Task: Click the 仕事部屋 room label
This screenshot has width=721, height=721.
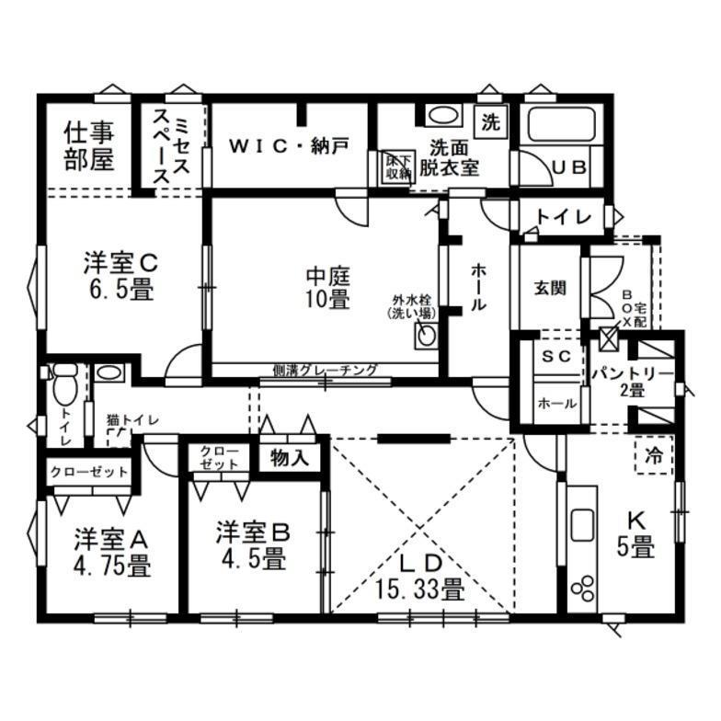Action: [89, 145]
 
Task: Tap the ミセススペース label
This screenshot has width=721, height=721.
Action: [172, 146]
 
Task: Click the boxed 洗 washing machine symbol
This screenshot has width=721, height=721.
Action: [491, 122]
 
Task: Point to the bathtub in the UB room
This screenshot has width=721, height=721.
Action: [561, 123]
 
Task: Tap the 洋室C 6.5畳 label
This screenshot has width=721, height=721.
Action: [120, 276]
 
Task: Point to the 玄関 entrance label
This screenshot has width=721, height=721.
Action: [550, 289]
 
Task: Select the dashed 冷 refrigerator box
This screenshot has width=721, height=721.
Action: [654, 454]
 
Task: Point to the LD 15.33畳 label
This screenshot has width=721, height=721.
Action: [419, 576]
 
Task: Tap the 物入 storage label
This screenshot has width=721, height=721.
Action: [289, 458]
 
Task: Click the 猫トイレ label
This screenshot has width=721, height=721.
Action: [132, 419]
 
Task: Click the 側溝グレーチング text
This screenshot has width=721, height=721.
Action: [326, 370]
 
